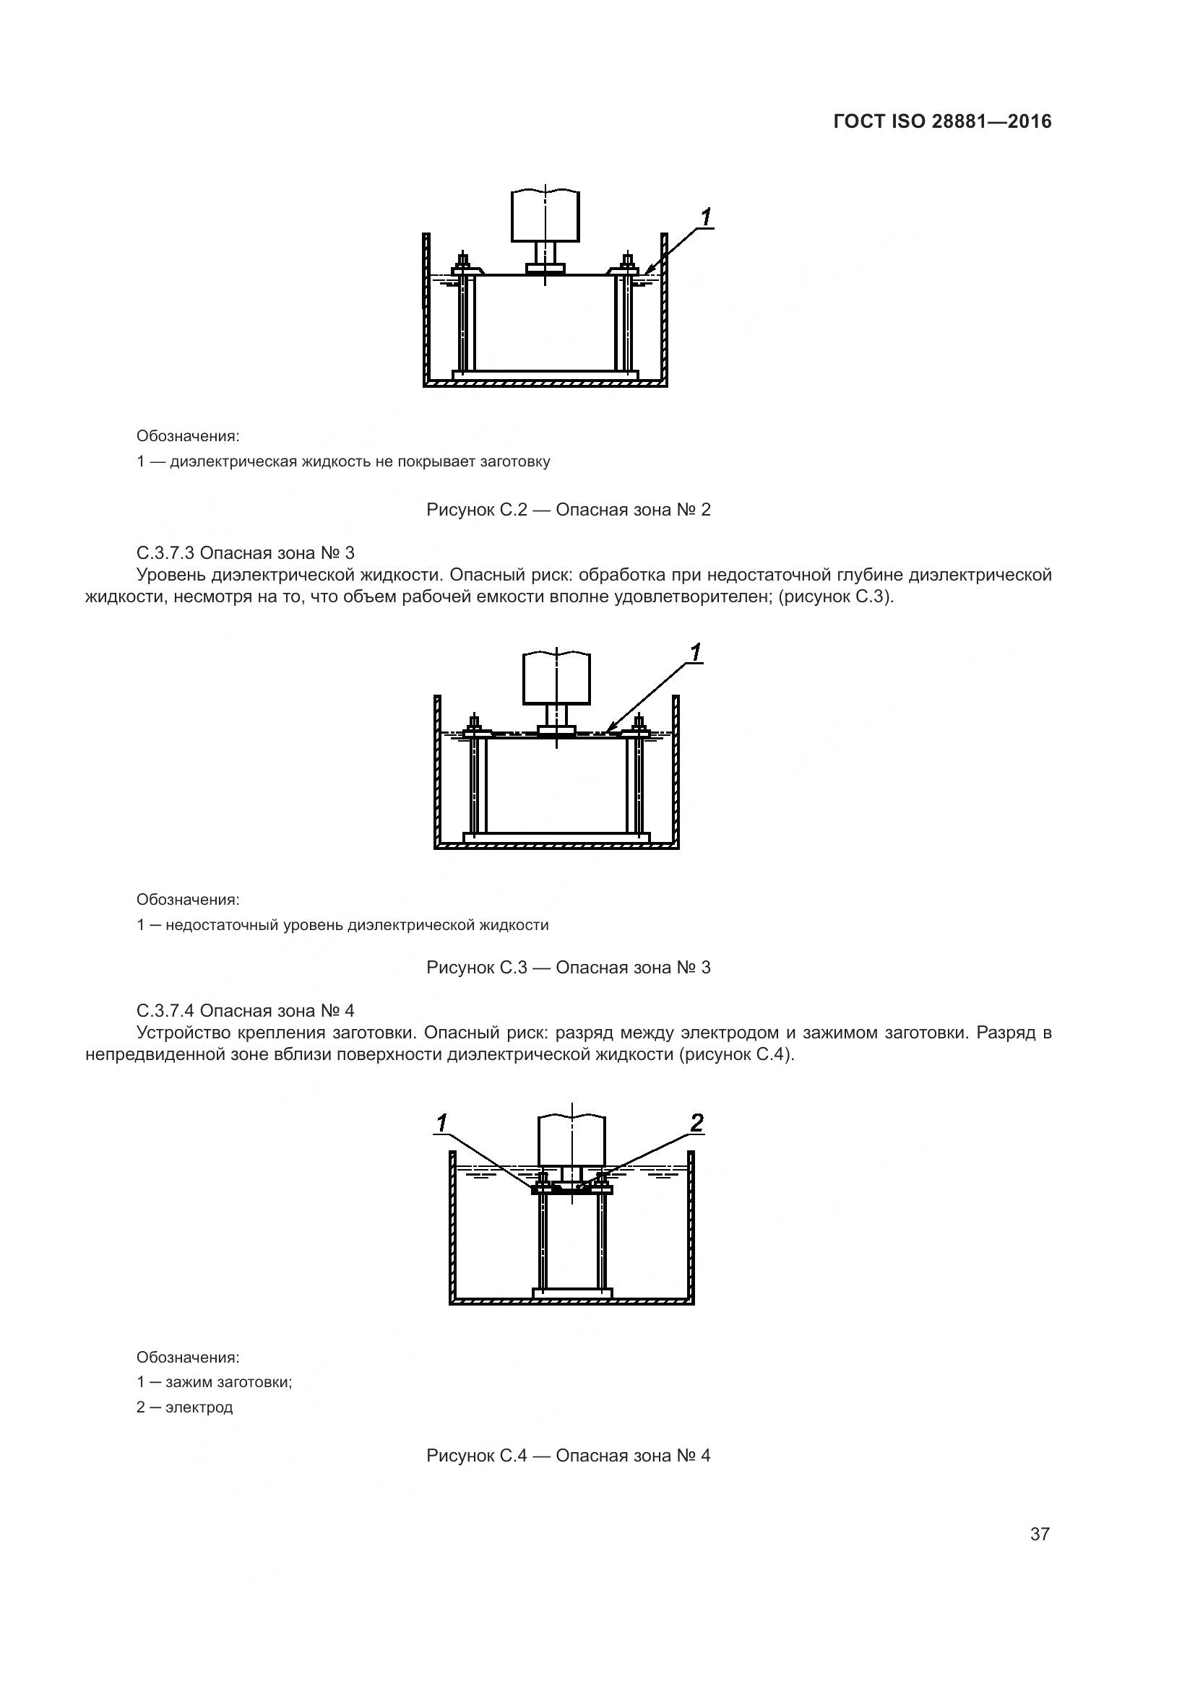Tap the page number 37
pos(1040,1534)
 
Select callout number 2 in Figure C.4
pos(696,1123)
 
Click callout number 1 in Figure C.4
pos(442,1123)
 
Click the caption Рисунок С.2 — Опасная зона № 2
pos(568,510)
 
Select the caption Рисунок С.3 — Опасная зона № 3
pos(568,968)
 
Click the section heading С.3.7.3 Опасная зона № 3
pos(246,552)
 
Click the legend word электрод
pos(199,1407)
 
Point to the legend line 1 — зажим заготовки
pos(214,1382)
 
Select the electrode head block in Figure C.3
pos(556,677)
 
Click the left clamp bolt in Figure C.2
pos(464,263)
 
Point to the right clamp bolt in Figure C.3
pos(639,723)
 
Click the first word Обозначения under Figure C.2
pos(188,436)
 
